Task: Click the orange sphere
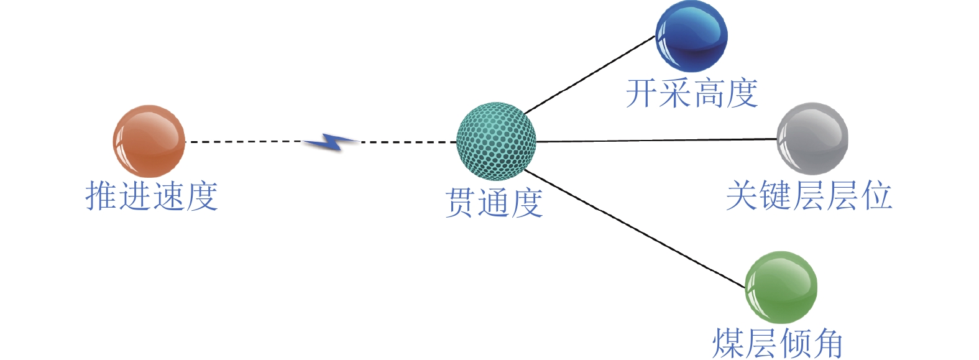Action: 149,141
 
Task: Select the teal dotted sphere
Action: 496,141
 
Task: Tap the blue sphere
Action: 691,35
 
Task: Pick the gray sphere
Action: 812,138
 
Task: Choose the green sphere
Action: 781,287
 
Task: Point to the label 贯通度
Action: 494,203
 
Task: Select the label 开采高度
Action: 691,93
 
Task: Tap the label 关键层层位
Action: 809,195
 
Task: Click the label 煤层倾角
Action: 777,343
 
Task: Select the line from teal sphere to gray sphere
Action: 656,141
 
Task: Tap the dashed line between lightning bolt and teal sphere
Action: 407,142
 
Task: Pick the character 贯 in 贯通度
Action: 461,203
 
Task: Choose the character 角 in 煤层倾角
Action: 827,343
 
